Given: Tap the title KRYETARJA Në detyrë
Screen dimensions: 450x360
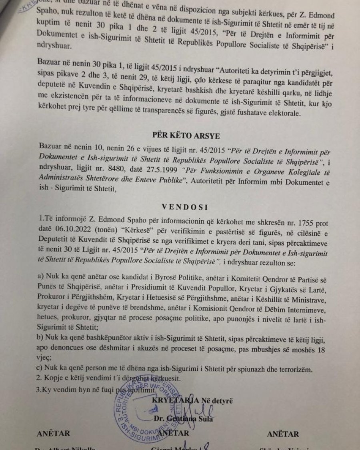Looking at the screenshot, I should point(192,400).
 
